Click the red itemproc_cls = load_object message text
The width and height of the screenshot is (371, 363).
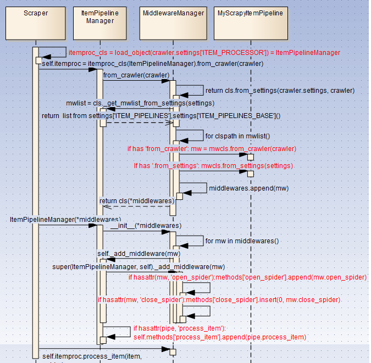pos(204,53)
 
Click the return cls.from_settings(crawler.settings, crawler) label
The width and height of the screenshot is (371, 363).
pos(280,90)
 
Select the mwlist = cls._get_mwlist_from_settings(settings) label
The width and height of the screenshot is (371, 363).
pos(140,103)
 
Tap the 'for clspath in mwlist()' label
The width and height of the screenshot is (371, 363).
pos(238,136)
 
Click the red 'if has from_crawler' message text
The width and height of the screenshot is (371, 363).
pos(212,149)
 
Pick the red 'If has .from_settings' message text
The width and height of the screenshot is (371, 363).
pos(214,165)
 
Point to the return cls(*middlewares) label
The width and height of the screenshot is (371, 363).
pos(137,200)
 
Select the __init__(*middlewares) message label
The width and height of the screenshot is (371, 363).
pos(146,226)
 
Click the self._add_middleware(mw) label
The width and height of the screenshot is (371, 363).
pos(139,254)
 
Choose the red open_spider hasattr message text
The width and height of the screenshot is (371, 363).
pos(247,278)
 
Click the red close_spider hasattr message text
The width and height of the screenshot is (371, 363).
pos(219,300)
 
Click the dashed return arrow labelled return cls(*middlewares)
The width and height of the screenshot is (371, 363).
pos(137,207)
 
